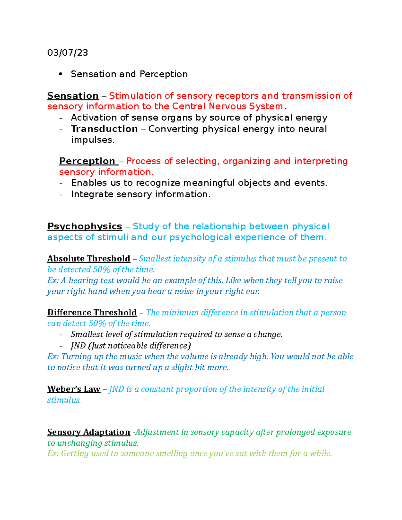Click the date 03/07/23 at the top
pos(68,53)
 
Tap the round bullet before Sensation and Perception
pos(61,74)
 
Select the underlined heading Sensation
pos(73,96)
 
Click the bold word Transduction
pos(104,129)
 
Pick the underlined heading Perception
pos(87,161)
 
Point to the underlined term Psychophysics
pos(84,226)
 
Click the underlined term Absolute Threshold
pos(88,259)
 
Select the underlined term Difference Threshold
pos(92,313)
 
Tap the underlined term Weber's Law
pos(74,389)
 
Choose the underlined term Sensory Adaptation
pos(88,432)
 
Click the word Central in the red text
pos(189,106)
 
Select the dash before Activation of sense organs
pos(61,118)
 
